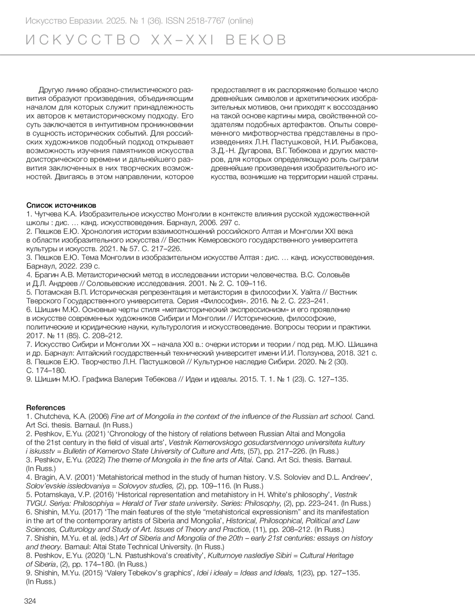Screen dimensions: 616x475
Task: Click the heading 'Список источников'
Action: [61, 206]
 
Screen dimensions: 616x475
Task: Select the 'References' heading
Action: [46, 408]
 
